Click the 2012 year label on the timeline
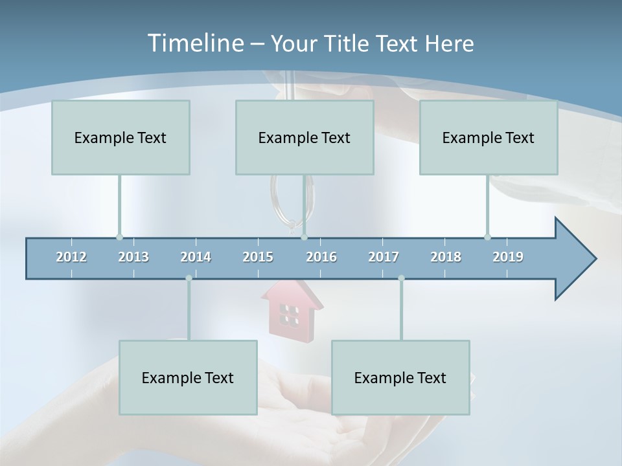[71, 257]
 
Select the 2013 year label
[133, 257]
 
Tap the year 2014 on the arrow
[196, 257]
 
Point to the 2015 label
[258, 257]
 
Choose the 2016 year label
[321, 257]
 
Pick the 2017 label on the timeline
[384, 257]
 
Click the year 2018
[446, 257]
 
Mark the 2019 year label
[508, 257]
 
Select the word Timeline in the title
[194, 43]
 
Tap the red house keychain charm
[291, 309]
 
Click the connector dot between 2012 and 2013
[119, 237]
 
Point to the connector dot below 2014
[189, 278]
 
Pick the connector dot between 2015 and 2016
[304, 237]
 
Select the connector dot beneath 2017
[401, 278]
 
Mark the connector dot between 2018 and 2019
[487, 237]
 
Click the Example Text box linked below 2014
[188, 377]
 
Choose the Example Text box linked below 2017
[400, 377]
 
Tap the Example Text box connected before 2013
[121, 137]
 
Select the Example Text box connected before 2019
[489, 137]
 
